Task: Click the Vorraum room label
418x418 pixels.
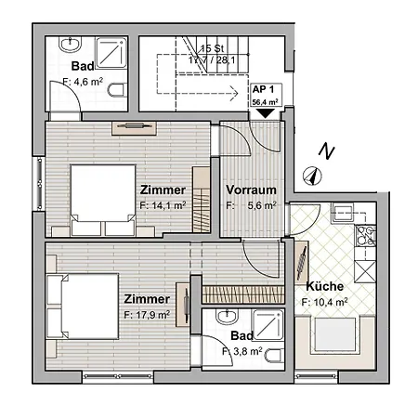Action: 251,189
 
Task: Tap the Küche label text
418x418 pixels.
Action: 325,286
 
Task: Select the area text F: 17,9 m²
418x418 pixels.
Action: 147,315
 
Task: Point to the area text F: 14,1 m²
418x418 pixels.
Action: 163,205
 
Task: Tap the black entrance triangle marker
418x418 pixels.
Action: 266,113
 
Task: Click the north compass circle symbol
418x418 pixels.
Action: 312,176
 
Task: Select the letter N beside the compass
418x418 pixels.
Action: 327,151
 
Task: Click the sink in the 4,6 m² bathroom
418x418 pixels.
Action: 70,44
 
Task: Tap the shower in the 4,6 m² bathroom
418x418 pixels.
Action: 111,53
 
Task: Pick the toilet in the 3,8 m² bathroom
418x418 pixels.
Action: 274,355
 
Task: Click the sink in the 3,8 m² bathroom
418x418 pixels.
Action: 227,316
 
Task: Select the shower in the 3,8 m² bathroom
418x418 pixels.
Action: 268,325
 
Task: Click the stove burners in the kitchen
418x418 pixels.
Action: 366,236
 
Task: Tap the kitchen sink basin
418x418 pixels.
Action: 342,213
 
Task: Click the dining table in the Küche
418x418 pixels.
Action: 334,334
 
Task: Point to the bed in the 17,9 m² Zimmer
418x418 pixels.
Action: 83,307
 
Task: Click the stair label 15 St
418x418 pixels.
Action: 212,48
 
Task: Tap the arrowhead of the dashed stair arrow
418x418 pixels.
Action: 234,93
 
